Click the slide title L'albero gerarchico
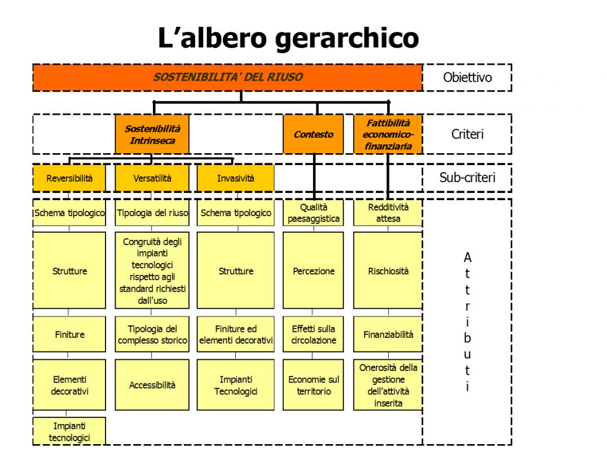288,38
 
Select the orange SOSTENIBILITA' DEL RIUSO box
228,77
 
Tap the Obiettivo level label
467,77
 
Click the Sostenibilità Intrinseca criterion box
152,134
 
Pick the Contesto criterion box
313,134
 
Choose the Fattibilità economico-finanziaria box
388,134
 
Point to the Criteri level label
467,134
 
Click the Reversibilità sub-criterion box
69,178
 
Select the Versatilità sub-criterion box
152,178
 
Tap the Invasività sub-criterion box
235,178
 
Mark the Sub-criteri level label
467,178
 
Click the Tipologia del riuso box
152,213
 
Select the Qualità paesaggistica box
314,213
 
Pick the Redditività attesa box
388,213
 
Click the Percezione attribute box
314,271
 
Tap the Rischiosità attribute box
388,271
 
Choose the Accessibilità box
152,385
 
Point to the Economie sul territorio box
314,385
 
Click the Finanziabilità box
388,334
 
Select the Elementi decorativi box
69,385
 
